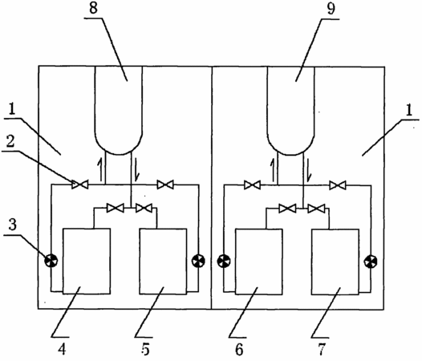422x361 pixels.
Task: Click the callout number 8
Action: point(93,8)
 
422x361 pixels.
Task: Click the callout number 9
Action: point(331,8)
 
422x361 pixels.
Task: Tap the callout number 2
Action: point(10,141)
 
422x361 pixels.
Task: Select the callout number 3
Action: point(12,225)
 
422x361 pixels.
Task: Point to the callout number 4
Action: point(62,350)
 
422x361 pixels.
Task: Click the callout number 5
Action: point(145,350)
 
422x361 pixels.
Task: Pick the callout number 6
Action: point(239,350)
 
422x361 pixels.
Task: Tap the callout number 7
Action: point(322,350)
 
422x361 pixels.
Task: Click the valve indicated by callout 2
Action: point(80,185)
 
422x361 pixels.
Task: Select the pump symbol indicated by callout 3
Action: point(51,261)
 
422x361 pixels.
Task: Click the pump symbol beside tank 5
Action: point(198,261)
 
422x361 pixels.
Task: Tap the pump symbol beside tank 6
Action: point(224,261)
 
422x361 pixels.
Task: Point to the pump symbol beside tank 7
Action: point(371,261)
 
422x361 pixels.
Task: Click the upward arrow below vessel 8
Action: point(100,169)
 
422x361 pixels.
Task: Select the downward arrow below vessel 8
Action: point(136,169)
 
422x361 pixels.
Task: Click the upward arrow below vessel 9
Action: point(273,169)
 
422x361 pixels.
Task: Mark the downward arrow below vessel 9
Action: point(309,169)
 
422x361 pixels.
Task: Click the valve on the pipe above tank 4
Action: point(116,208)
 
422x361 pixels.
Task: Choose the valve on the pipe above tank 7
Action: point(316,208)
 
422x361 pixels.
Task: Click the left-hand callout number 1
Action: point(11,110)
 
